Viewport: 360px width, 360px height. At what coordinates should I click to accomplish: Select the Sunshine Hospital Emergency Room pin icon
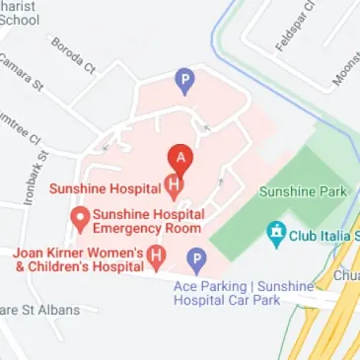pos(76,216)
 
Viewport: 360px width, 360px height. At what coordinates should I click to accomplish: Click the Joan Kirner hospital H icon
pos(155,257)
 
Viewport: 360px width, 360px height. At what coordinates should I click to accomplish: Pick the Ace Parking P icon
pos(195,260)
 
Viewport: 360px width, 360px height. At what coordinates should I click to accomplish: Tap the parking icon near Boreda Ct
pos(183,79)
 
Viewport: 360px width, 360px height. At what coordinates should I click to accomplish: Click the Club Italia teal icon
pos(275,235)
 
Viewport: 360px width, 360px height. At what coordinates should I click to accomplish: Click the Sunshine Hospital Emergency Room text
pos(149,222)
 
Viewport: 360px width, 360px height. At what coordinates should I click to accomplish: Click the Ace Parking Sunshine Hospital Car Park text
pos(242,293)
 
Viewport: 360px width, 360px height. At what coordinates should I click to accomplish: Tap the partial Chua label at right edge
pos(345,275)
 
